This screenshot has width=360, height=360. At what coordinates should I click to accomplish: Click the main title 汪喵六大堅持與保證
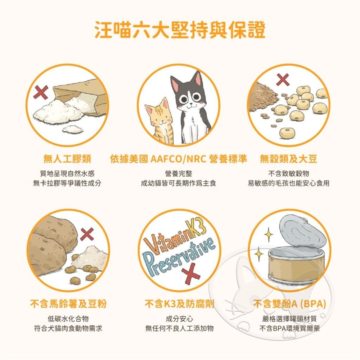pos(180,30)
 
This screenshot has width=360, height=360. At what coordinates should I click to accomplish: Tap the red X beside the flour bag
pos(40,93)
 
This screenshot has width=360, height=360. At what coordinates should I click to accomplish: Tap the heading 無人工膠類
pos(67,159)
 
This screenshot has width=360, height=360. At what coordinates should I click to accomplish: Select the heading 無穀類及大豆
pos(288,159)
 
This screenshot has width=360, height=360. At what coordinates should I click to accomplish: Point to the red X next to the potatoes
pos(87,235)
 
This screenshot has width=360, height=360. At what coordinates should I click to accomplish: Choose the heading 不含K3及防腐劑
pos(179,304)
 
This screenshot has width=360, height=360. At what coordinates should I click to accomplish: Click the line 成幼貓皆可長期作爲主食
pos(179,184)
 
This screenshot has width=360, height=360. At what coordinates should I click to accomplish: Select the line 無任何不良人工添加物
pos(179,328)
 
